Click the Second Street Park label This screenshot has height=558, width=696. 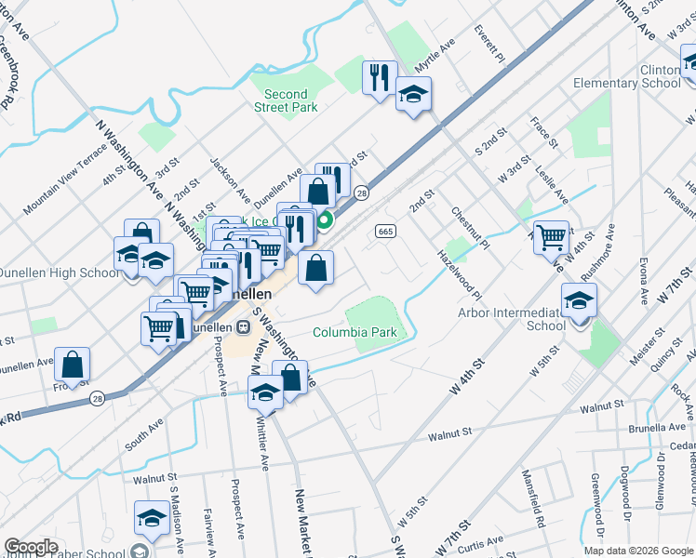click(286, 100)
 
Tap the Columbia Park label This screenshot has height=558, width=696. click(355, 332)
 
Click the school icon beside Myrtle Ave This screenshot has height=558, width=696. click(413, 94)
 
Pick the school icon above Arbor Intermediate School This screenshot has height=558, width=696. click(579, 299)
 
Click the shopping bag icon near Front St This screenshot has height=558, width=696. click(72, 364)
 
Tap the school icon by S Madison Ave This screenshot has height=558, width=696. click(152, 517)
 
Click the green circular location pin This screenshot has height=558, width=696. click(326, 221)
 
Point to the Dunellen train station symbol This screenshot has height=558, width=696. click(242, 327)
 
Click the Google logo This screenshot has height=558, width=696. click(31, 547)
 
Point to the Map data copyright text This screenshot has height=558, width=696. click(637, 550)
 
